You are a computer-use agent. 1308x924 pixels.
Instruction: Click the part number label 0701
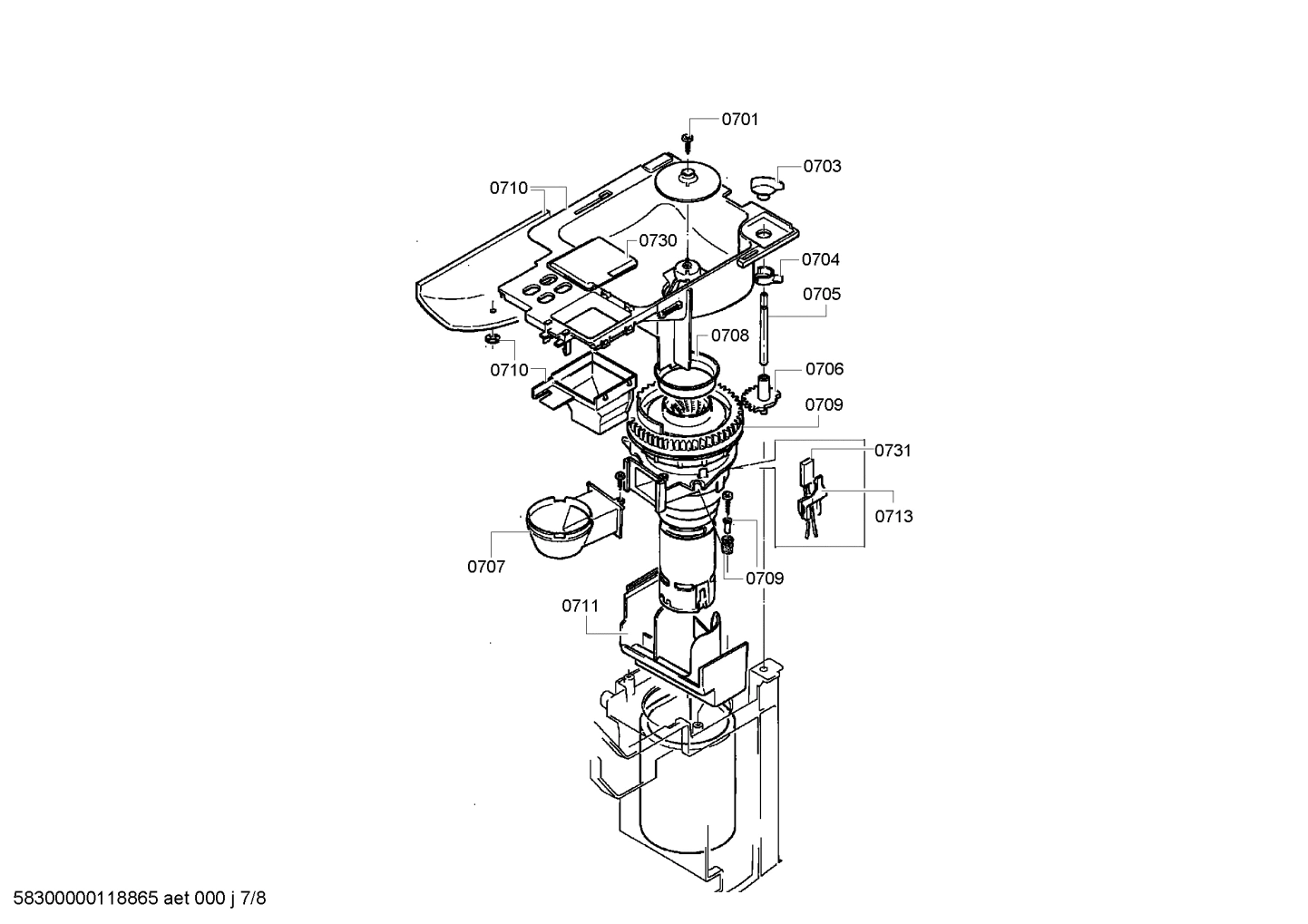(740, 119)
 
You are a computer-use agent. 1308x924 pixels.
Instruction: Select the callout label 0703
(822, 166)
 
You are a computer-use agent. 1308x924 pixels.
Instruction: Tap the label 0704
(820, 259)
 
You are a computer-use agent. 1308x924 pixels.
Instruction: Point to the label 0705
(822, 294)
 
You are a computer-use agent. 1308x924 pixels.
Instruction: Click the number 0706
(824, 369)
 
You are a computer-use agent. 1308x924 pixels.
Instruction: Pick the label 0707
(486, 567)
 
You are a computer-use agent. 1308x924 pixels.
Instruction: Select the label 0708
(730, 336)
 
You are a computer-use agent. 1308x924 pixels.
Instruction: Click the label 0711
(581, 605)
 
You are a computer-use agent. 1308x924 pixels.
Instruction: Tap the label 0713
(893, 517)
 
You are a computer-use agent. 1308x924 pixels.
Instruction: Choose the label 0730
(658, 240)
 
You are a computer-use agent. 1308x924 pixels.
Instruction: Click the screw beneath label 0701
(688, 139)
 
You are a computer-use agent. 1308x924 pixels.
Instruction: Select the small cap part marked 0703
(765, 185)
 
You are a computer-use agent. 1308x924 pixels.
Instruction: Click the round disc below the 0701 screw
(688, 181)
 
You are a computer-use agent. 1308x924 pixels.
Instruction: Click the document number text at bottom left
(134, 899)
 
